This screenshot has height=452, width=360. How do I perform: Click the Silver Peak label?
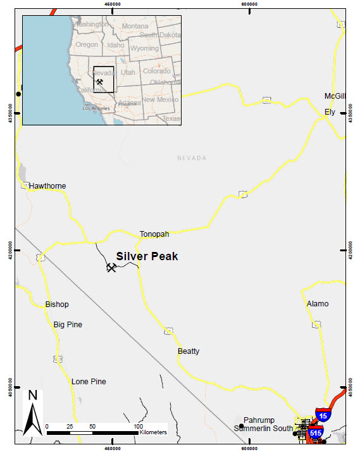pos(147,256)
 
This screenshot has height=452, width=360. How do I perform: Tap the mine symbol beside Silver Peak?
pos(111,267)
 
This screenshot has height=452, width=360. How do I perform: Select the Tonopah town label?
pos(154,234)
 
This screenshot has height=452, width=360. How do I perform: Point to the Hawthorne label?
pos(47,186)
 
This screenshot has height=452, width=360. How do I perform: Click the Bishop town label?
pos(57,304)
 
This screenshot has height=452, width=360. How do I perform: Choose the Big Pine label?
pos(68,325)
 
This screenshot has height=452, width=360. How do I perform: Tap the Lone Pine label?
pos(89,382)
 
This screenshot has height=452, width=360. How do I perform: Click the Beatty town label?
pos(189,351)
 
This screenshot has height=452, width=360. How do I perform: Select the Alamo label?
pos(318,304)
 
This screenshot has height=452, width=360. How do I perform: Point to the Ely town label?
pos(330,112)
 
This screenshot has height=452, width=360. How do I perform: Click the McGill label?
pos(335,96)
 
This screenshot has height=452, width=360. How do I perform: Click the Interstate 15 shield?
pos(323,416)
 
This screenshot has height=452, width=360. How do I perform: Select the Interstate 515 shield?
pos(316,432)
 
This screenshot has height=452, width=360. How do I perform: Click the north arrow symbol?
pos(33,415)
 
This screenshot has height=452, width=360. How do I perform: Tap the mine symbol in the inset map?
pos(100,82)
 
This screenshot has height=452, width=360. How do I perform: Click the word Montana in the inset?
pos(135,26)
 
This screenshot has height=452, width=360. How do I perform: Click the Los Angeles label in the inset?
pos(96,108)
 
